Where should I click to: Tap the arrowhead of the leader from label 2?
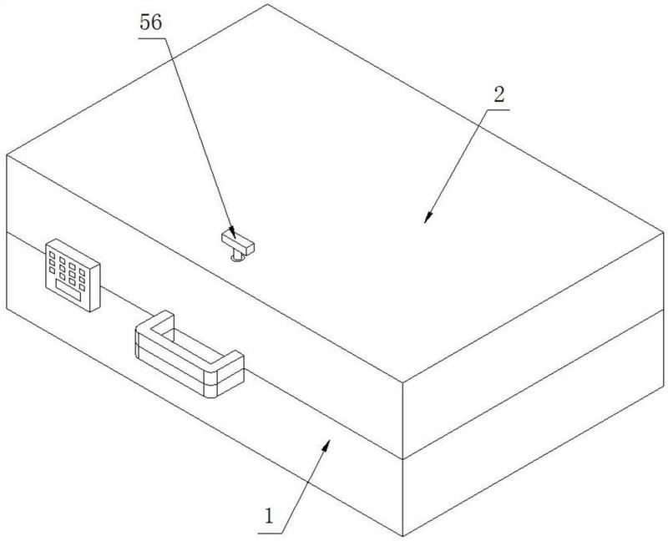click(x=428, y=219)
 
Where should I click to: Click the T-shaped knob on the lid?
click(x=237, y=243)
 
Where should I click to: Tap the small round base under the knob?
click(x=237, y=256)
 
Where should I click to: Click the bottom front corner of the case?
click(x=403, y=534)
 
